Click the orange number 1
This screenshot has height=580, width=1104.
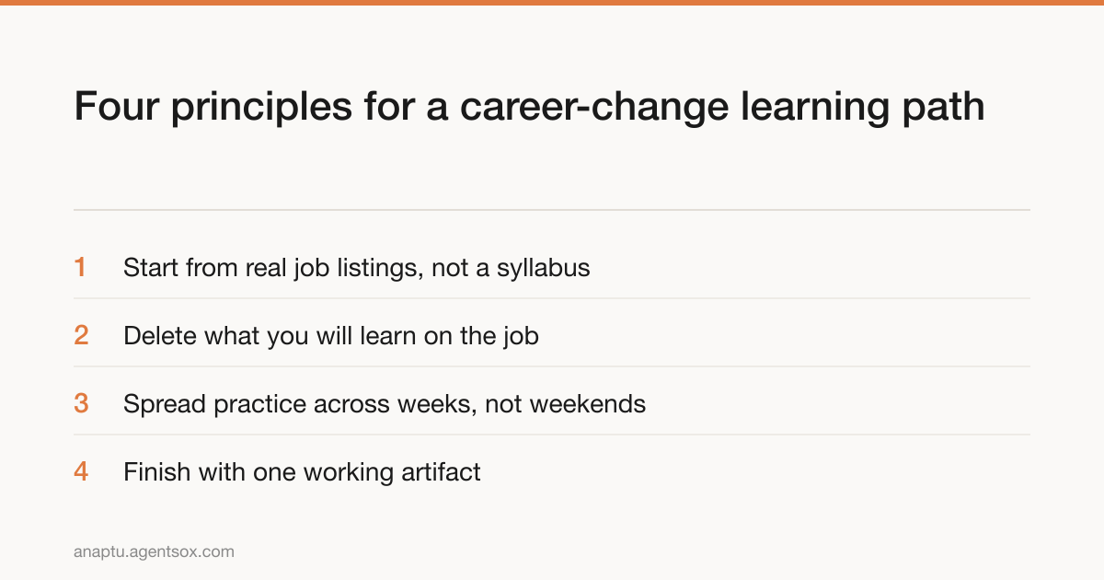click(80, 267)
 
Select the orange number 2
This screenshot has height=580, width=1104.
click(81, 335)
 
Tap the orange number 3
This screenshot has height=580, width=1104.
click(81, 403)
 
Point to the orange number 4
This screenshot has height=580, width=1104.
click(81, 471)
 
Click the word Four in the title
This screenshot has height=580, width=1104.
click(117, 107)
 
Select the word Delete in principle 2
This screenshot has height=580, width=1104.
click(160, 336)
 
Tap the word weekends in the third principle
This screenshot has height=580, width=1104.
click(588, 404)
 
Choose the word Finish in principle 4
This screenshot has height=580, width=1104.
click(156, 472)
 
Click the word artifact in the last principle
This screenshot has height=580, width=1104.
click(441, 472)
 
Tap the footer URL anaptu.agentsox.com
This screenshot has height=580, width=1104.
click(154, 551)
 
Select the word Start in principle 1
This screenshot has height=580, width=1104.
click(151, 268)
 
